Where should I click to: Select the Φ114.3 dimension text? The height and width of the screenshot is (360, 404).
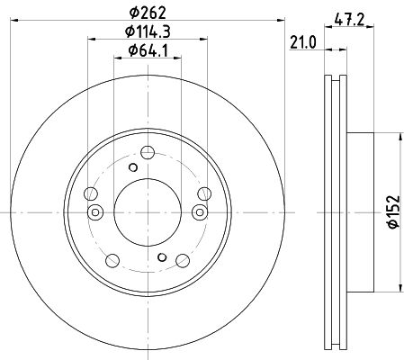[148, 31]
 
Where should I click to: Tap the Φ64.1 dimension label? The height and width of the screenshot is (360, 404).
[148, 50]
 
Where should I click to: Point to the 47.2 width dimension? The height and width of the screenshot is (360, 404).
[349, 21]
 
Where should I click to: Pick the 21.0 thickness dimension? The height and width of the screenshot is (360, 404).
[303, 43]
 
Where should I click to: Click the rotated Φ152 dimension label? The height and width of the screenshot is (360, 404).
[394, 212]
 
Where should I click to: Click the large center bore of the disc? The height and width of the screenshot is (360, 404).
[148, 212]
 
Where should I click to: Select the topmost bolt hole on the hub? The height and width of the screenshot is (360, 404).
[148, 152]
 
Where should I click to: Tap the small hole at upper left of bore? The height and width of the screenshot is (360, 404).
[133, 167]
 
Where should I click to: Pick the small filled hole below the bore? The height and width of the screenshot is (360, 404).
[162, 257]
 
